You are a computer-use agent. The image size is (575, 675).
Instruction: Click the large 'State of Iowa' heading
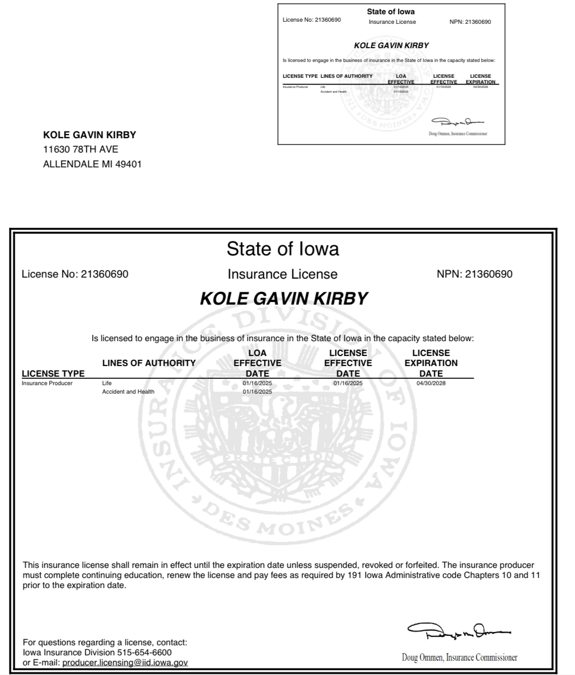coord(282,248)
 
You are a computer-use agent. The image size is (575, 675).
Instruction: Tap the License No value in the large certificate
coord(104,274)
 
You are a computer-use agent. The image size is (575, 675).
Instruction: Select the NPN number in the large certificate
coord(488,274)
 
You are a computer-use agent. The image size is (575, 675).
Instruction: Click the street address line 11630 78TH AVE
coord(81,149)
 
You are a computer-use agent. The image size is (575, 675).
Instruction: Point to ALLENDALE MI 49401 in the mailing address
coord(92,164)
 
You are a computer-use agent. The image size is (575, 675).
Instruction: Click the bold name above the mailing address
coord(90,135)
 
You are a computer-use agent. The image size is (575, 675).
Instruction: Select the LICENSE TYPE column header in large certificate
coord(53,374)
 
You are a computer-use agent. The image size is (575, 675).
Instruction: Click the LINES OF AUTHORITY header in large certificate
coord(149,363)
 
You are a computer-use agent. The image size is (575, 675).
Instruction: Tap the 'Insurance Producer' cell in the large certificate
coord(47,383)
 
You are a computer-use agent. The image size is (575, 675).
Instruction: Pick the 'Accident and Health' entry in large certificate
coord(128,392)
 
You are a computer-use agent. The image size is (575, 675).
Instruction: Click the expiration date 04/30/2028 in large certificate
coord(431,383)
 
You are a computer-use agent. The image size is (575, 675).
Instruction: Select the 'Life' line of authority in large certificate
coord(107,383)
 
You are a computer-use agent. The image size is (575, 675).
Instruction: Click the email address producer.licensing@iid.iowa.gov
coord(125,662)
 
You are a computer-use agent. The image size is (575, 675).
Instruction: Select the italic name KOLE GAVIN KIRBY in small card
coord(391,46)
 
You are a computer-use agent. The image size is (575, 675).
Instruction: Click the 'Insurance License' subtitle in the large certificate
coord(282,274)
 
